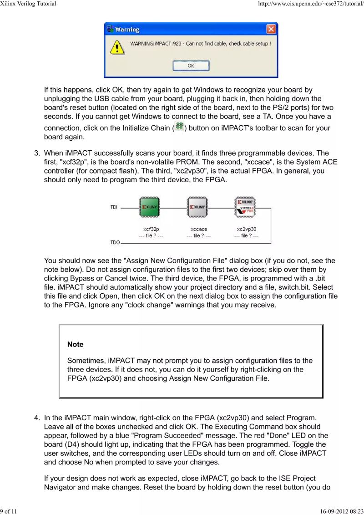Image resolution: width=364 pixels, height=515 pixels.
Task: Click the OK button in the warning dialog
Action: (x=191, y=66)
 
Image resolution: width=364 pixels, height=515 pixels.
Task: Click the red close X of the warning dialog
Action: (x=271, y=30)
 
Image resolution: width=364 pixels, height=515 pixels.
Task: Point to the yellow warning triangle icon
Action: (x=118, y=47)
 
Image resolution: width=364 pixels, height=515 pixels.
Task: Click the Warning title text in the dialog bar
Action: (x=127, y=30)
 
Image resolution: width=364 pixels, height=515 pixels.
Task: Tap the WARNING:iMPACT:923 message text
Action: (x=200, y=44)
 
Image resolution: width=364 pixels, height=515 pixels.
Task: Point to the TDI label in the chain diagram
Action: (x=114, y=208)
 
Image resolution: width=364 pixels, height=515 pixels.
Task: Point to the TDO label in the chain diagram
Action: (x=115, y=243)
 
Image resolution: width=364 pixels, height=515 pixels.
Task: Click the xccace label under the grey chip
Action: (x=199, y=229)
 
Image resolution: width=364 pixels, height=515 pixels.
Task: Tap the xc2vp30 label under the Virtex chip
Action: (x=247, y=229)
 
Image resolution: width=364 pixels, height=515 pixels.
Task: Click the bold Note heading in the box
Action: (x=76, y=345)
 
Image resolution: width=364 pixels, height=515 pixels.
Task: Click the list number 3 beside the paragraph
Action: (x=37, y=153)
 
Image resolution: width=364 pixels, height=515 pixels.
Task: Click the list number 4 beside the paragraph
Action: (x=37, y=418)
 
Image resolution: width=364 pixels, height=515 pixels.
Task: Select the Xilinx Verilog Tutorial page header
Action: (x=28, y=4)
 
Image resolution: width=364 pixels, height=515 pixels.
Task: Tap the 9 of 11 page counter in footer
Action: (x=9, y=511)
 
